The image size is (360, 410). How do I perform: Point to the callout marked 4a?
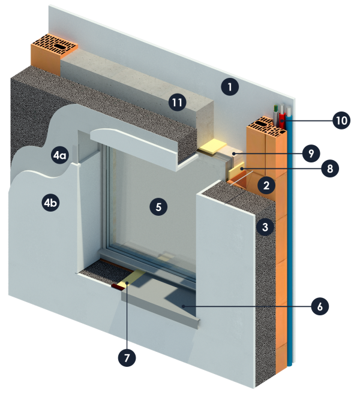59,156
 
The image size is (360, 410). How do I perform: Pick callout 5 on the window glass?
158,207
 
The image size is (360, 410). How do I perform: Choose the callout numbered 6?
320,306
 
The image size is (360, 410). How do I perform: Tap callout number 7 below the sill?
127,358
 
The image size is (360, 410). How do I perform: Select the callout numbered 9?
311,153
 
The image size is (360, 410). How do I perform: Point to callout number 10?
341,120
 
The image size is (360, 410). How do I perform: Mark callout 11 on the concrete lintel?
176,103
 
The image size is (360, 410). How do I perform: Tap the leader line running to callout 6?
252,306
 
